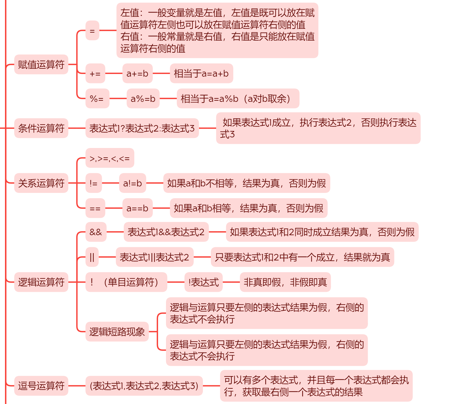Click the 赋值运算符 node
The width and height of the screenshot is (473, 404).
point(41,65)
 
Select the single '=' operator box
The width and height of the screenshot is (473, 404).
point(92,31)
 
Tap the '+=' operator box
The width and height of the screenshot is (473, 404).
point(95,73)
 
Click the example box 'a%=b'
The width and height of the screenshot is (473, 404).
point(143,99)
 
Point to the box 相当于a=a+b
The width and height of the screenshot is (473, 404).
point(201,73)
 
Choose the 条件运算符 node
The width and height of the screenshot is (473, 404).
point(41,128)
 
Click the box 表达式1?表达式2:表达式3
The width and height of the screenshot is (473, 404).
point(142,128)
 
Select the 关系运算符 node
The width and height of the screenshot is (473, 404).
point(41,183)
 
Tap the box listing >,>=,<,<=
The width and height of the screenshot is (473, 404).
point(110,158)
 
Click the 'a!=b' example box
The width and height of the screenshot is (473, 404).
point(133,183)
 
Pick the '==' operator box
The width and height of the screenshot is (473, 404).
point(95,208)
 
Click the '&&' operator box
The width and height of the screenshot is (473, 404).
point(96,232)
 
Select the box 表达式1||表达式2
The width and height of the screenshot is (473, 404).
point(155,257)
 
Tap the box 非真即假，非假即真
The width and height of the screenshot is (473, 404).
point(285,282)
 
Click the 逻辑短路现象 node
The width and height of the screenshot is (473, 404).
point(117,332)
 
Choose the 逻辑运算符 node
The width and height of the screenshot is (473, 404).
point(41,282)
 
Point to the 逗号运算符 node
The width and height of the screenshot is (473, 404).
point(41,386)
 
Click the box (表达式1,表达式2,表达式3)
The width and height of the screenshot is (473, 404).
point(144,386)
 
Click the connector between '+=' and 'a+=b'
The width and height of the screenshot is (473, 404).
point(114,73)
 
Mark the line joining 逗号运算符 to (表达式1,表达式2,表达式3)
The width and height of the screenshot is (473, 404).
point(77,386)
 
